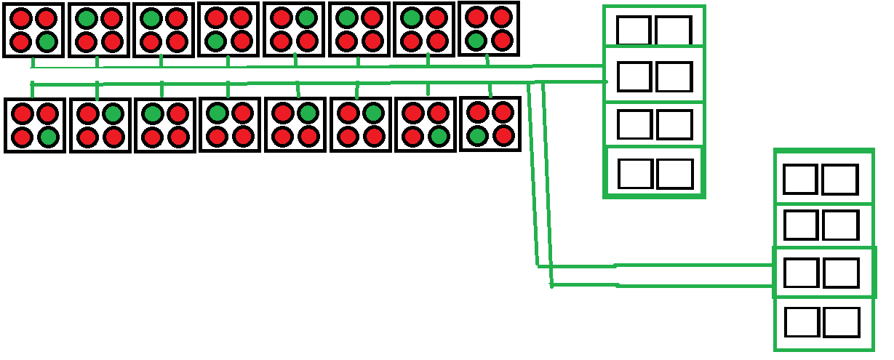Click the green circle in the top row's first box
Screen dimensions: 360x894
(46, 42)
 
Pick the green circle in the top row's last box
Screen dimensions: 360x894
(476, 39)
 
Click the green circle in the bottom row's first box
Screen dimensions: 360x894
(47, 137)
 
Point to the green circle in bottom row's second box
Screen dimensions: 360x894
(112, 113)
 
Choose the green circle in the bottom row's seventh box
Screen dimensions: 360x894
(437, 136)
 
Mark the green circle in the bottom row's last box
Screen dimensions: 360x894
(477, 135)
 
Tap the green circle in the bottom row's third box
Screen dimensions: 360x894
(152, 114)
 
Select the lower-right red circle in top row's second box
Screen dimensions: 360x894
(111, 42)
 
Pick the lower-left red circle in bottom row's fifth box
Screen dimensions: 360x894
(283, 136)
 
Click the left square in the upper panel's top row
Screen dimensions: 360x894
(634, 31)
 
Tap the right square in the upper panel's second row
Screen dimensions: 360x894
(674, 76)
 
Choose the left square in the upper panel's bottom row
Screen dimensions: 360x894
(636, 174)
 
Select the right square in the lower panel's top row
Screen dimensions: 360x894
(839, 180)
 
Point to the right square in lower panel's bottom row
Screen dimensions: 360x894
(842, 322)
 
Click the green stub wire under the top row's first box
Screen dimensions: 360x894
(33, 63)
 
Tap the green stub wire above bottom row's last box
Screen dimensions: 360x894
(490, 90)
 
